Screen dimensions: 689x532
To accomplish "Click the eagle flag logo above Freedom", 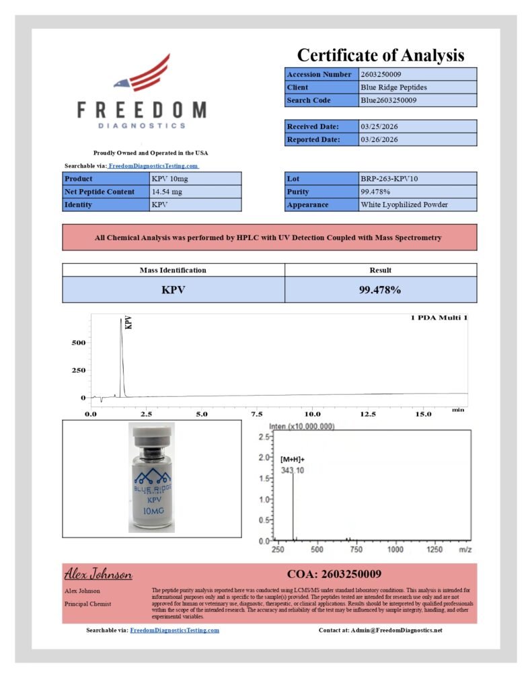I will click(141, 73).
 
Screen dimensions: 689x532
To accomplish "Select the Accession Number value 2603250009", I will click(381, 74).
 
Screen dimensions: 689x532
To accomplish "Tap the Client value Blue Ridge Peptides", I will click(393, 87).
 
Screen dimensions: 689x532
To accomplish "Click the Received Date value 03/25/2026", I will click(379, 126).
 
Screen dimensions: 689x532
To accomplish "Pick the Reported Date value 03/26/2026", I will click(379, 140).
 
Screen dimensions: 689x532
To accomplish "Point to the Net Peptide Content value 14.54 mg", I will click(167, 192).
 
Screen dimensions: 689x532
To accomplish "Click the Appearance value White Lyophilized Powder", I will click(404, 205).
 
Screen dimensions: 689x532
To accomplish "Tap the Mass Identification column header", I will click(173, 270).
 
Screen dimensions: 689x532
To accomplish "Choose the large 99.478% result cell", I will click(380, 290).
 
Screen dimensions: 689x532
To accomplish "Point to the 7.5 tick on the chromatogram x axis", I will click(256, 414).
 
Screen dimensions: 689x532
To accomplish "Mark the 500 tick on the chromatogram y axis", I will click(78, 342).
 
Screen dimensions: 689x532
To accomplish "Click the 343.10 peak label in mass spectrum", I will click(292, 470).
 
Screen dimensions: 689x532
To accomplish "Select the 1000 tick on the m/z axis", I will click(395, 550).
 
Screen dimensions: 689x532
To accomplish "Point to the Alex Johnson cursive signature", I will click(98, 575).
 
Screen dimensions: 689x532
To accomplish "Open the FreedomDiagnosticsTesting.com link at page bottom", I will click(174, 630).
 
